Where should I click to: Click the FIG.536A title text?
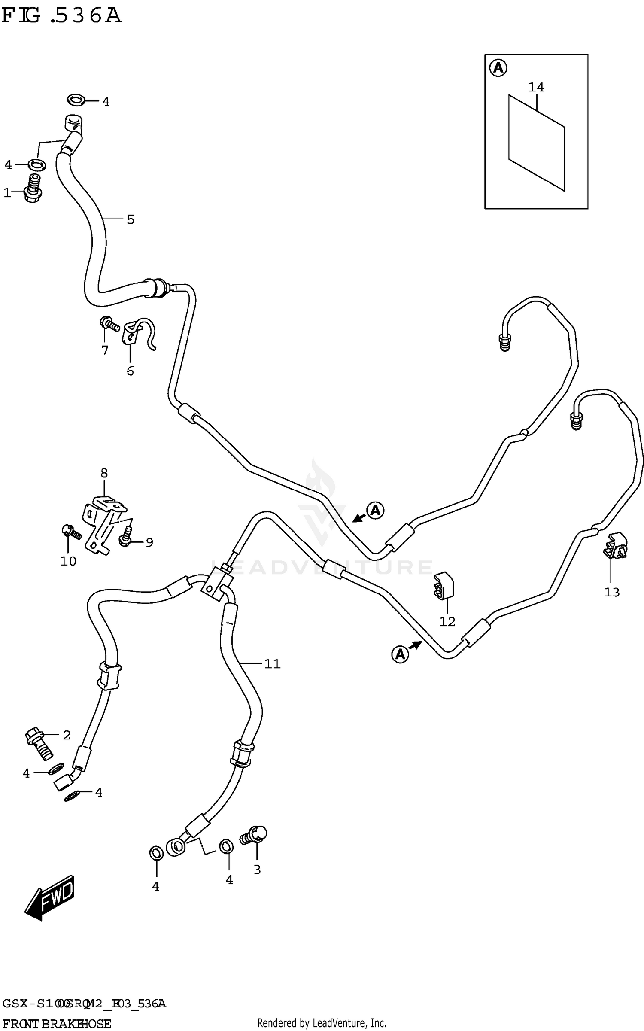(x=61, y=16)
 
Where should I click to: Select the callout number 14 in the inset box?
(x=536, y=88)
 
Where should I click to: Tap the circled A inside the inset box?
(x=498, y=68)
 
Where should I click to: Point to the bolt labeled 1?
(x=33, y=189)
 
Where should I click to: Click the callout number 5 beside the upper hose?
(x=131, y=220)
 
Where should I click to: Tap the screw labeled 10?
(x=71, y=532)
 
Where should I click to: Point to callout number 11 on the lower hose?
(x=272, y=664)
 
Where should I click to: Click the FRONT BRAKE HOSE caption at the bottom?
(x=57, y=1023)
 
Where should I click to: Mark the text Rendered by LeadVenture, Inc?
(x=322, y=1023)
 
